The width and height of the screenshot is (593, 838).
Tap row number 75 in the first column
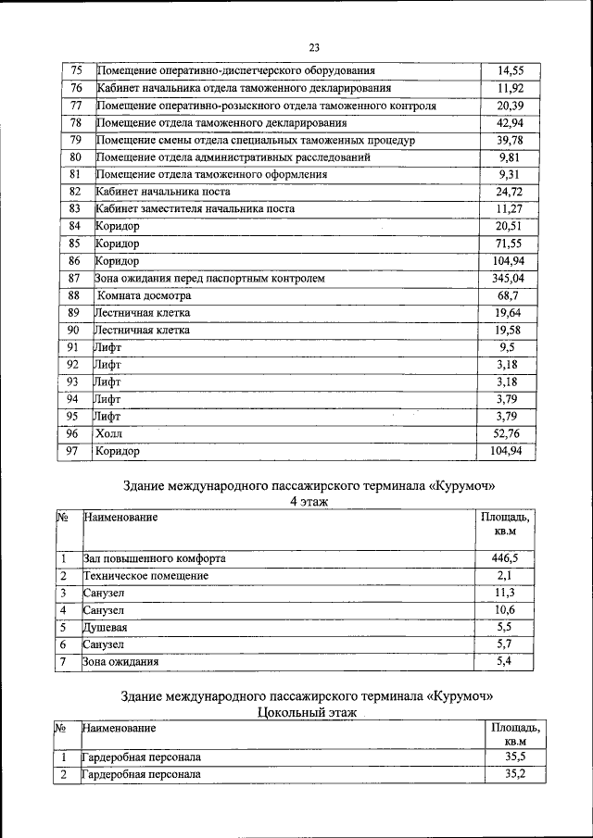tap(76, 70)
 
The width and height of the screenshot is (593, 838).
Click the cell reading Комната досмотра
tap(145, 295)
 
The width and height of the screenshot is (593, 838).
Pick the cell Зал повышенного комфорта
tap(154, 558)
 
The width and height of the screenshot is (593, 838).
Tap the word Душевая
tap(105, 627)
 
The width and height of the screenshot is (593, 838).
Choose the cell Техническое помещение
tap(145, 576)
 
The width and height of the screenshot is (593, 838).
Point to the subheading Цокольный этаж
tap(306, 713)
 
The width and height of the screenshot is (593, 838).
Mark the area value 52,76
tap(508, 433)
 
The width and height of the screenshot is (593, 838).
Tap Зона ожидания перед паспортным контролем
tap(210, 278)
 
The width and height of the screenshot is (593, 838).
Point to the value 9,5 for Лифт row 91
tap(506, 347)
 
